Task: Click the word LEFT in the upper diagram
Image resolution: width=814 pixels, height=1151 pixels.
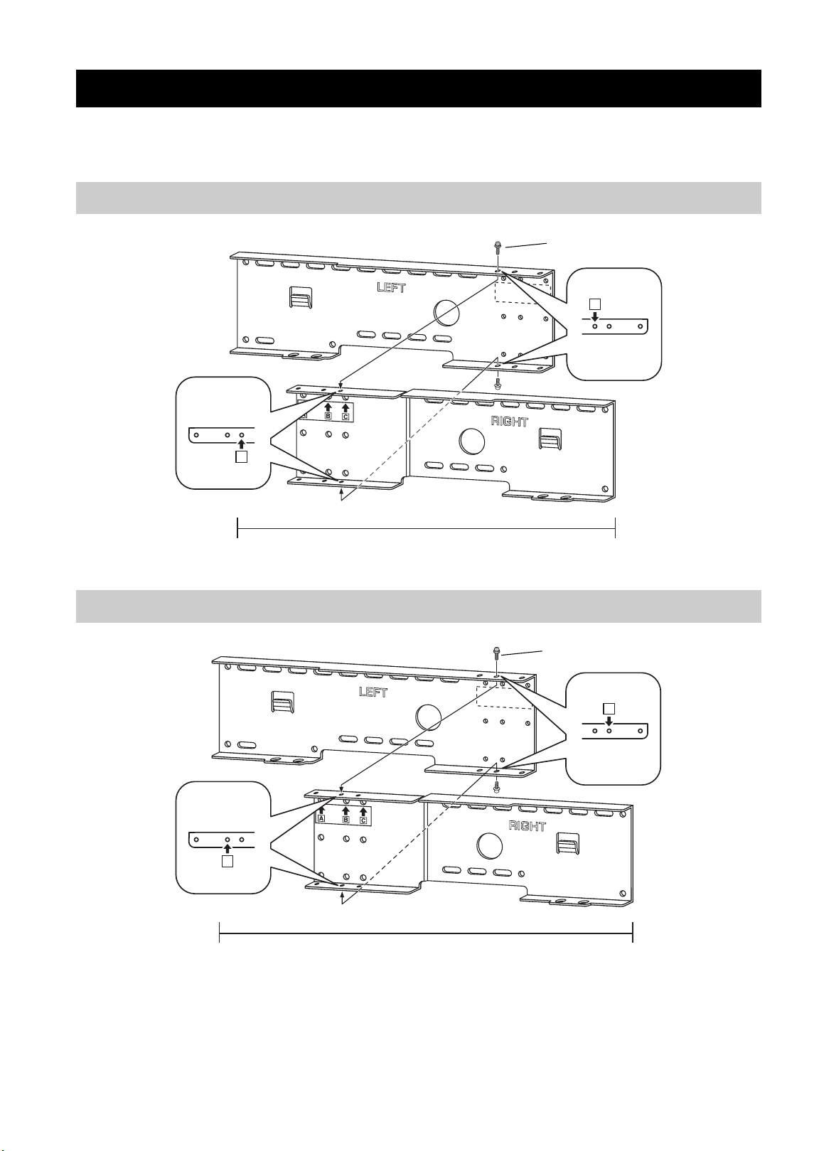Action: (391, 287)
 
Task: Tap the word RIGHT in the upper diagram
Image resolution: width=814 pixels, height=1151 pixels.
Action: (509, 422)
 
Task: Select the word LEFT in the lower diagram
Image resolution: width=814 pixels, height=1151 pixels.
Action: (373, 692)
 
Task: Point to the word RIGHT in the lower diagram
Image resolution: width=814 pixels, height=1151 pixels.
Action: (527, 825)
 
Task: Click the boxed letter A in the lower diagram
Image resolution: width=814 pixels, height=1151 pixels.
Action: (322, 818)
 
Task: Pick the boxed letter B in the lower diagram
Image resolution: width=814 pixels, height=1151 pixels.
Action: (346, 820)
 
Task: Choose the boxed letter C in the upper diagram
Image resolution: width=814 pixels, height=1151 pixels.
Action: (346, 417)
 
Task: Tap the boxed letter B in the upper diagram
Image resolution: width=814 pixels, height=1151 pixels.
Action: (328, 415)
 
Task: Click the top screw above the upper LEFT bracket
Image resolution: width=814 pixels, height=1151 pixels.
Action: (498, 247)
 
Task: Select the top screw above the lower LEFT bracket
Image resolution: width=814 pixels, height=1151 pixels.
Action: (497, 653)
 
